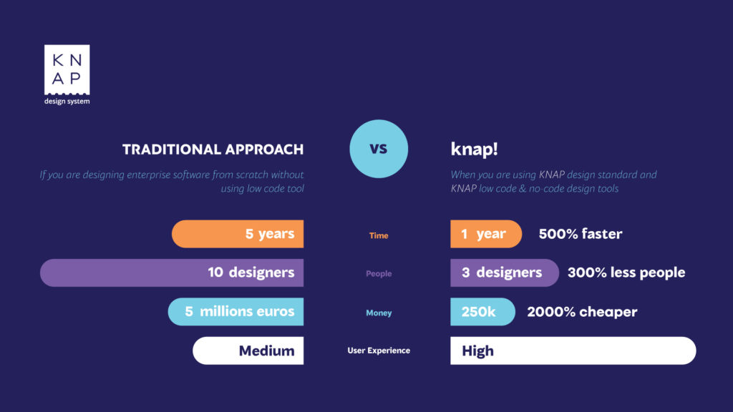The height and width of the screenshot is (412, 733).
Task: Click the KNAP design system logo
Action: coord(67,74)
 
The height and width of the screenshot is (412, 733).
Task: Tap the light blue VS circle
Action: coord(379,149)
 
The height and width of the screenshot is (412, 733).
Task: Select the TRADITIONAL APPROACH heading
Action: coord(213,149)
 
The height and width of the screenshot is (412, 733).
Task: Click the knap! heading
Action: coord(474,149)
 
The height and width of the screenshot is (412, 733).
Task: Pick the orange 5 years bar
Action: coord(238,234)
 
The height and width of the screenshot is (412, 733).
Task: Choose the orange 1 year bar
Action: coord(486,234)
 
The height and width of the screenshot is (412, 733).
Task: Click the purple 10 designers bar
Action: coord(172,273)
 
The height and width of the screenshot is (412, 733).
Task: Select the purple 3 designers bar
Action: coord(505,273)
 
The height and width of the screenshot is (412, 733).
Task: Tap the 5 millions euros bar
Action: coord(236,312)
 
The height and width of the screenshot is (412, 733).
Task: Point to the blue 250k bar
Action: coord(482,312)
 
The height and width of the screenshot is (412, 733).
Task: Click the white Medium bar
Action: coord(248,350)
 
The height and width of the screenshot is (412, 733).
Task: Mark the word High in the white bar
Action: coord(477,350)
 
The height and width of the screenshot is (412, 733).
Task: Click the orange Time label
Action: coord(379,235)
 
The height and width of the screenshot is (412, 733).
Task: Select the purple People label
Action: coord(379,274)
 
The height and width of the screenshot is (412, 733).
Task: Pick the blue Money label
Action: coord(379,313)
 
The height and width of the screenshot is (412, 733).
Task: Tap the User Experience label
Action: coord(379,350)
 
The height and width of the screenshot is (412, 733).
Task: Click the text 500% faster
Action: coord(580,234)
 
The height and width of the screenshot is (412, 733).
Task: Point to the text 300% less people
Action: coord(626,273)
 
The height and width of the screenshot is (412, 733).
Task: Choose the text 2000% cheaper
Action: coord(582,312)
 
